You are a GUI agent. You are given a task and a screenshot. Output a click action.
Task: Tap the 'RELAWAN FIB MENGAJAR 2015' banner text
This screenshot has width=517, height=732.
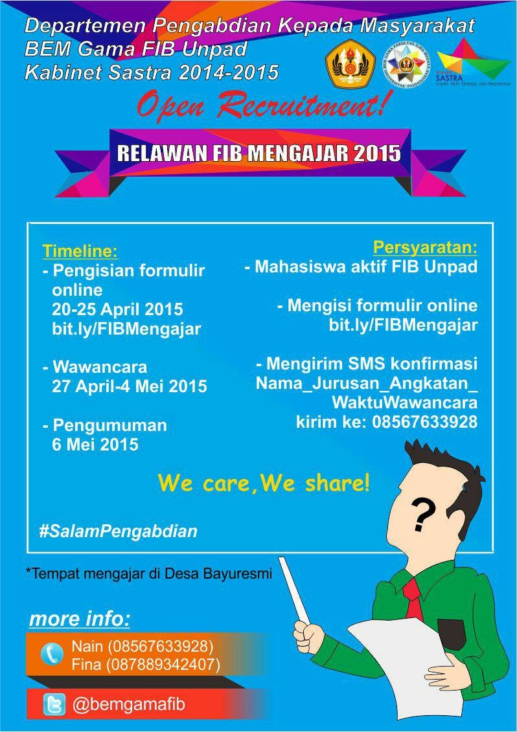click(x=258, y=154)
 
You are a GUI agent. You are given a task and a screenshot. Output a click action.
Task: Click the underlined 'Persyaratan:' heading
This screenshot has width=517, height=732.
click(x=425, y=247)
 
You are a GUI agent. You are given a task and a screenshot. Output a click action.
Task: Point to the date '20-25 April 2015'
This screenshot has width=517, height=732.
click(x=117, y=309)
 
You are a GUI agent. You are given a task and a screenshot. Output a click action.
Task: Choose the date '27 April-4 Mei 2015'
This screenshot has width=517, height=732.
click(x=130, y=386)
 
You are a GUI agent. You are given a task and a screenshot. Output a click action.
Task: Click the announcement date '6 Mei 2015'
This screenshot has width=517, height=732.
click(x=95, y=445)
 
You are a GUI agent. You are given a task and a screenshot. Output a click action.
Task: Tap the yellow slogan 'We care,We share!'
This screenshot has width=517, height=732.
click(x=264, y=482)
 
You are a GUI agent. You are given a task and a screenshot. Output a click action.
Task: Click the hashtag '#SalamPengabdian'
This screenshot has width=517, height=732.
click(x=118, y=531)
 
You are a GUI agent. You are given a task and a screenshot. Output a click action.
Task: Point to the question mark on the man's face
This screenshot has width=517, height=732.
click(x=422, y=516)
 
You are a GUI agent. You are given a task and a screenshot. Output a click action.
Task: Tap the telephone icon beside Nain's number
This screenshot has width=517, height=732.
click(x=52, y=654)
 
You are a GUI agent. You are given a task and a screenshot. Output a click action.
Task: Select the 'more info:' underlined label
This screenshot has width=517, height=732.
click(x=80, y=619)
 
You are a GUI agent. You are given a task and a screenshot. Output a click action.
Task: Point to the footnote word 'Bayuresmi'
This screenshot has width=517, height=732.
click(x=238, y=573)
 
